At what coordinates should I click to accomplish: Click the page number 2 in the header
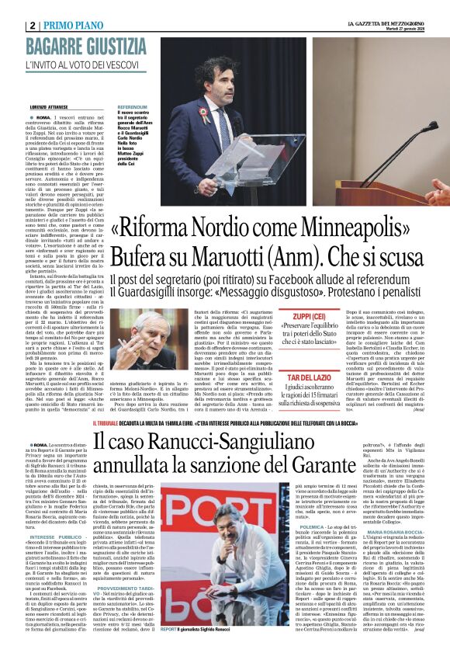32,25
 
